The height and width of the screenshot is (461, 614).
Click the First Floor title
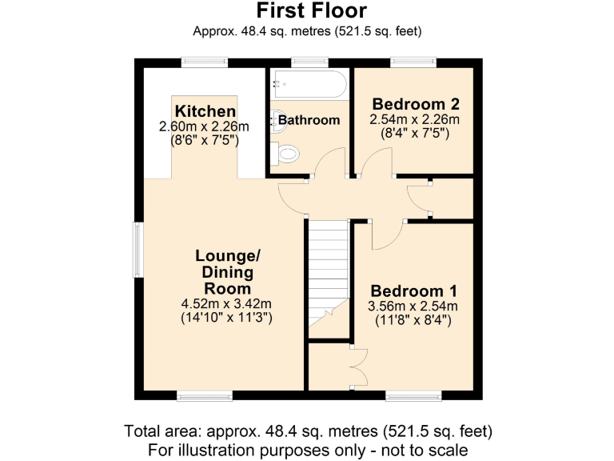tap(311, 10)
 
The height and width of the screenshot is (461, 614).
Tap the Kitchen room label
tap(205, 111)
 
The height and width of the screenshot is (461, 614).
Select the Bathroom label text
tap(309, 120)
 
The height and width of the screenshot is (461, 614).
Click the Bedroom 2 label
tap(415, 104)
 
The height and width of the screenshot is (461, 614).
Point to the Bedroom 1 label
tap(413, 291)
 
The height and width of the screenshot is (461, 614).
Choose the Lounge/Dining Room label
tap(228, 272)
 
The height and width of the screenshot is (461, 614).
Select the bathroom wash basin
tap(277, 119)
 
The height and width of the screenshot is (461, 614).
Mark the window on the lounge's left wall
tap(138, 250)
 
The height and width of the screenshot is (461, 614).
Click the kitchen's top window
tap(204, 62)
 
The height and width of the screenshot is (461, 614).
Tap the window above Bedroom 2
tap(413, 62)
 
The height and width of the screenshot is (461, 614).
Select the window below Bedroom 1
tap(413, 395)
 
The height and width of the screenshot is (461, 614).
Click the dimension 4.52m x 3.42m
tap(228, 303)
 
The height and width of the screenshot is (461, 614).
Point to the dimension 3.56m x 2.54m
tap(413, 307)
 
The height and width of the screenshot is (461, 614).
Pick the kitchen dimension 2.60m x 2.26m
tap(205, 126)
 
